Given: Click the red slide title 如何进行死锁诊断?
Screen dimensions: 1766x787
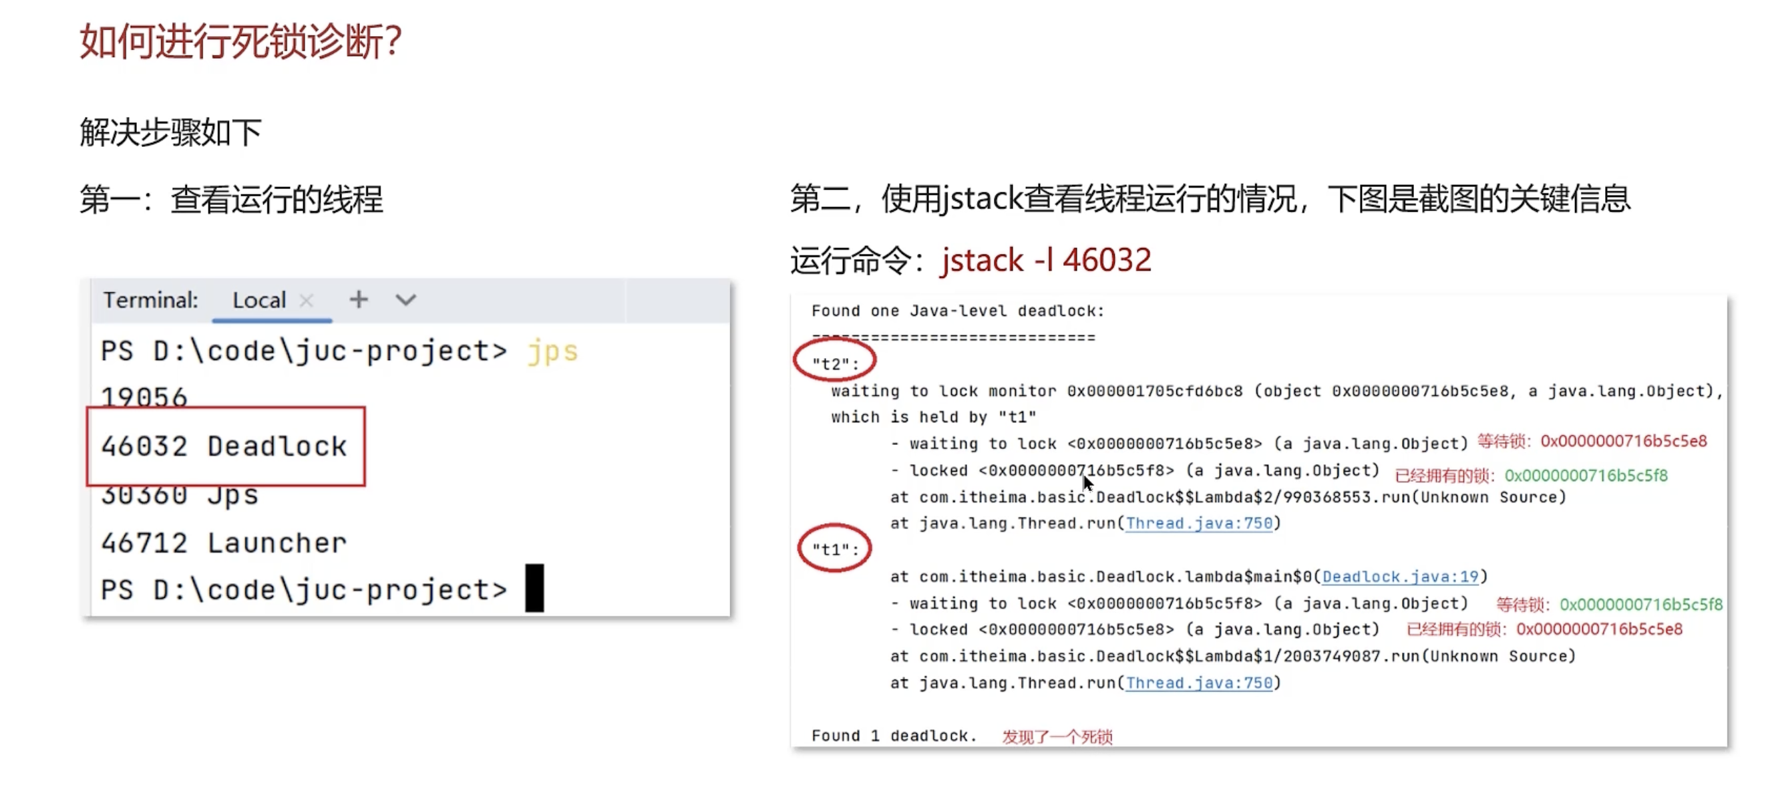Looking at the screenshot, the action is point(240,41).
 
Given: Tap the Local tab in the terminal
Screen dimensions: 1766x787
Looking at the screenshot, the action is point(258,300).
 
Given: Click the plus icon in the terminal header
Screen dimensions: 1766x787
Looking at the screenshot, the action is point(359,299).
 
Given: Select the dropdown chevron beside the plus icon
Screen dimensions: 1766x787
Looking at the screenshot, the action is point(406,300).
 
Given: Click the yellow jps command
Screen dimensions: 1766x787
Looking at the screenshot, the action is point(552,351).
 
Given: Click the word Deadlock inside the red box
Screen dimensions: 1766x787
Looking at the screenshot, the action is point(277,446).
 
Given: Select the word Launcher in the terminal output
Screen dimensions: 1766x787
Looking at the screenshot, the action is point(277,544).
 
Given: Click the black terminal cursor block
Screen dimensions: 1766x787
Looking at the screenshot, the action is point(535,588).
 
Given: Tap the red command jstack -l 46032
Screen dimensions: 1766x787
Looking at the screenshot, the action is point(1046,261).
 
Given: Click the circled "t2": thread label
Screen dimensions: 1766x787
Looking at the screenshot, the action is point(835,363).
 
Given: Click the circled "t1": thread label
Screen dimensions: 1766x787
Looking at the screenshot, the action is point(835,549).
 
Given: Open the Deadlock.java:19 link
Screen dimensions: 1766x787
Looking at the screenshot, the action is point(1400,577).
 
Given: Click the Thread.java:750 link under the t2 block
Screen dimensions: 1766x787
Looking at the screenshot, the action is point(1199,524).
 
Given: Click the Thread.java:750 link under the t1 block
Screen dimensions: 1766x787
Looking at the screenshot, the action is point(1199,683).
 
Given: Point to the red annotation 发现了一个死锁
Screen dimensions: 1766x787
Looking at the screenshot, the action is point(1057,737).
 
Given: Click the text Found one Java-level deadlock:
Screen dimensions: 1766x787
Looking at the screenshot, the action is point(958,311).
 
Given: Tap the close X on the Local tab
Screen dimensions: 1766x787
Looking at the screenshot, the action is point(307,300).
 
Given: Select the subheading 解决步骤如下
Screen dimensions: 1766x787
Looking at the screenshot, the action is point(171,132).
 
